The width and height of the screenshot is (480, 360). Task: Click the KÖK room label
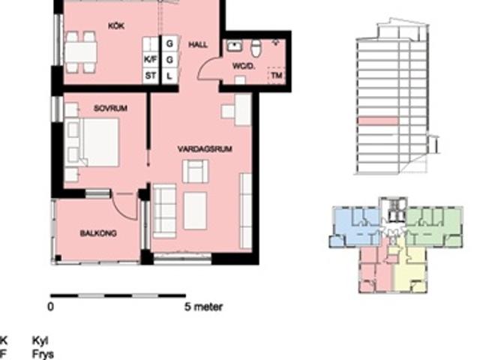pyautogui.click(x=116, y=26)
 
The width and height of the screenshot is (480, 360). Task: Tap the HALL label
pyautogui.click(x=198, y=45)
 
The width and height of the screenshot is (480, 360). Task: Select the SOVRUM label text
pyautogui.click(x=110, y=108)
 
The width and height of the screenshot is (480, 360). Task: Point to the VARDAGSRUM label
pyautogui.click(x=205, y=149)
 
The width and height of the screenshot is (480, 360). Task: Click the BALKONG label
pyautogui.click(x=98, y=233)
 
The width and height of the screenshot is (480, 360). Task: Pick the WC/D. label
pyautogui.click(x=244, y=66)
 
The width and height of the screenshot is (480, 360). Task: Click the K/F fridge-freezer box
pyautogui.click(x=150, y=60)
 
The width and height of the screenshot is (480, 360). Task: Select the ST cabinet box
pyautogui.click(x=150, y=76)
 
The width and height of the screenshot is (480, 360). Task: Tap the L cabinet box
pyautogui.click(x=169, y=76)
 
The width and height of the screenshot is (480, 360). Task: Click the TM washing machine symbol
pyautogui.click(x=277, y=75)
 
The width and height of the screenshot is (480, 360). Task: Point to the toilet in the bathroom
pyautogui.click(x=256, y=48)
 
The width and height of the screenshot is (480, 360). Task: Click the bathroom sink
pyautogui.click(x=235, y=46)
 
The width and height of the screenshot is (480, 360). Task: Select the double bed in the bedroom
pyautogui.click(x=91, y=142)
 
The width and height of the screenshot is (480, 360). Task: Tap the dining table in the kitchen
pyautogui.click(x=81, y=52)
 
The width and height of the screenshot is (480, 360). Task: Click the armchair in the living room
pyautogui.click(x=195, y=172)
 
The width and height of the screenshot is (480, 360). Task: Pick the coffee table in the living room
pyautogui.click(x=195, y=211)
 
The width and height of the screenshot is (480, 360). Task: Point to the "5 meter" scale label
pyautogui.click(x=203, y=307)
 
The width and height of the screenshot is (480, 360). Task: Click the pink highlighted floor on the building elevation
pyautogui.click(x=378, y=121)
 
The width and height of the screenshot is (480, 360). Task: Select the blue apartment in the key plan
pyautogui.click(x=355, y=226)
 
